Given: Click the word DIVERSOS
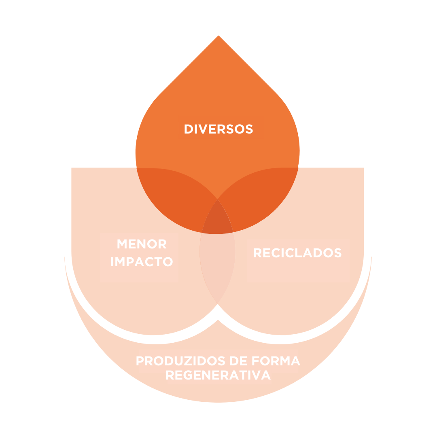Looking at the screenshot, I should [218, 129].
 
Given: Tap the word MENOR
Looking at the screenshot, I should [142, 244].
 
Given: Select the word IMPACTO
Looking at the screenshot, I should [142, 262].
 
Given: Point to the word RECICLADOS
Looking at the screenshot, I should [298, 253].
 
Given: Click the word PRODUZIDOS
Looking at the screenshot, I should [180, 360].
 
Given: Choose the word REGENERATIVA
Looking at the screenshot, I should [218, 375].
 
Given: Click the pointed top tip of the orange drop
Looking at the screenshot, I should [218, 36].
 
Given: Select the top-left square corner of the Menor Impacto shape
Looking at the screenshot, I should [72, 168].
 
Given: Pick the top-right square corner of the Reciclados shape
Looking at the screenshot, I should [363, 168].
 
